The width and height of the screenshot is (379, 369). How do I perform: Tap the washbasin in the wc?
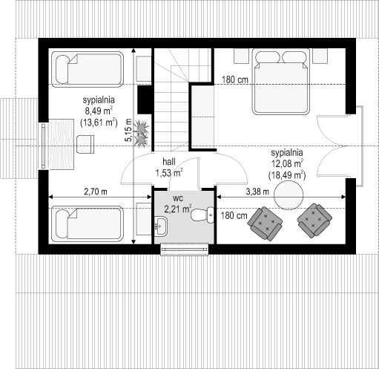[161, 226]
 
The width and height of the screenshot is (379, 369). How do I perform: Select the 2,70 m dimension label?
[96, 192]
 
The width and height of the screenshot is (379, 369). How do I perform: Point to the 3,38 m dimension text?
[257, 192]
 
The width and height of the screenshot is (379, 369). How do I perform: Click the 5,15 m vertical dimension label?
[128, 130]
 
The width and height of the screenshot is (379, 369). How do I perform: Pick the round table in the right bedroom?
[289, 195]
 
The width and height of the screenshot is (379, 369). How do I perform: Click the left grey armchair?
[265, 223]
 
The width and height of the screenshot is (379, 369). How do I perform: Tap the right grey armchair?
[314, 221]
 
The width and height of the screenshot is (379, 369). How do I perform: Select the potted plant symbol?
[142, 134]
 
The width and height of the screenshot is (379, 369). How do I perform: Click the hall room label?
[169, 162]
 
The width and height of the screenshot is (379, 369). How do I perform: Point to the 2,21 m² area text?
[178, 209]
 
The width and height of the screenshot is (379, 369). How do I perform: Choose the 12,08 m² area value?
[287, 163]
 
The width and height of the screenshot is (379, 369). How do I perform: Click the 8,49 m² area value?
[99, 111]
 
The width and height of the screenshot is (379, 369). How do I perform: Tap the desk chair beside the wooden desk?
[85, 144]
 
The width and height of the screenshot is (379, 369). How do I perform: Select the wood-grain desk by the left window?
[62, 144]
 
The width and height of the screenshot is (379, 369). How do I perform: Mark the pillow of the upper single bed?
[62, 69]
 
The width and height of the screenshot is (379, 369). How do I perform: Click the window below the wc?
[185, 249]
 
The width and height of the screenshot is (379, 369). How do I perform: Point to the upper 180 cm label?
[234, 80]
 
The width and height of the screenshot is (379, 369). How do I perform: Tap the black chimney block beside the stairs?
[145, 99]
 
